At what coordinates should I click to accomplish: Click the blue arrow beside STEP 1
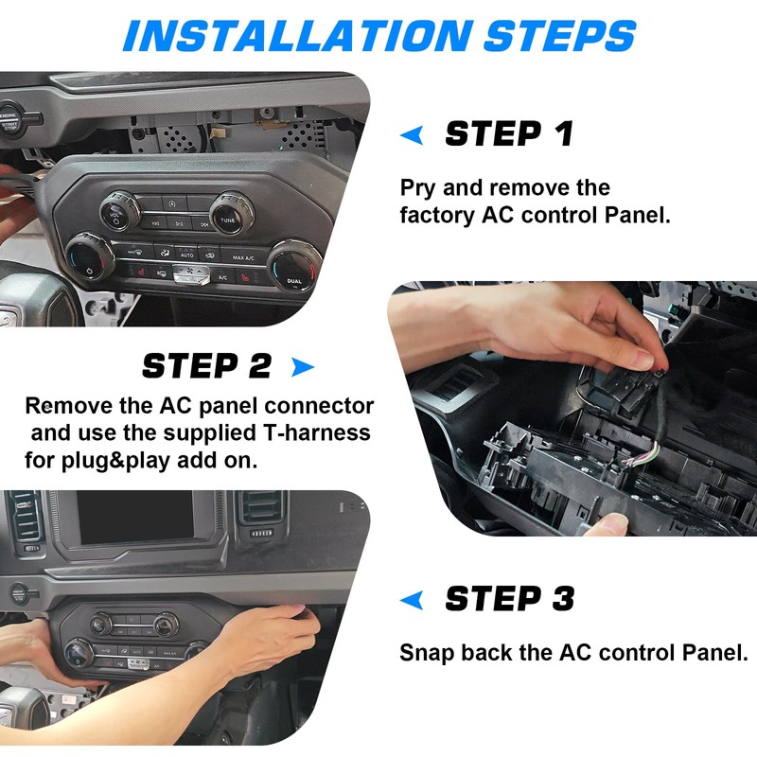point(412,135)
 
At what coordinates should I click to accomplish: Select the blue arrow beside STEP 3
point(412,599)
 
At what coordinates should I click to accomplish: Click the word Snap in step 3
point(422,653)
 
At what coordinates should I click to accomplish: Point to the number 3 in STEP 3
point(560,599)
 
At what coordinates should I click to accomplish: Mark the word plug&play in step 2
point(112,462)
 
